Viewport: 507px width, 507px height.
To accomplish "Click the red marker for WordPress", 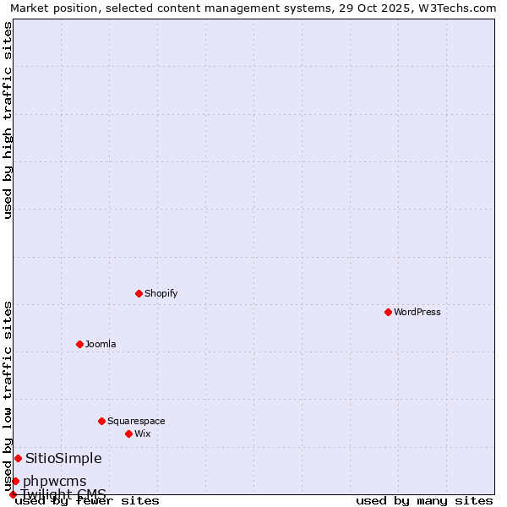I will [x=388, y=312].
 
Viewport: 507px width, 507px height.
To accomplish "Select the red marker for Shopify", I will [x=139, y=293].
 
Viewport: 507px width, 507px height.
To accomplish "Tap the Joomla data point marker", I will [x=79, y=344].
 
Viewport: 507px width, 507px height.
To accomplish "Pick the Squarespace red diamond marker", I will [x=101, y=421].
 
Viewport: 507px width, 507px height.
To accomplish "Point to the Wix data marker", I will [x=128, y=433].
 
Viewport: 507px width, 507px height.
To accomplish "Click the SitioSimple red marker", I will [x=18, y=458].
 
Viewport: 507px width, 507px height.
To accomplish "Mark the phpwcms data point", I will [x=15, y=481].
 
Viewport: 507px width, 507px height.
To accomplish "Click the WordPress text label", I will [x=417, y=312].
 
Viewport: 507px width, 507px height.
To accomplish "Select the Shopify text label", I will [x=161, y=293].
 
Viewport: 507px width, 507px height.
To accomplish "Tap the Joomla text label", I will [x=101, y=344].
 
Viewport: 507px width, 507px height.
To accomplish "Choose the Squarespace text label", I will [x=136, y=421].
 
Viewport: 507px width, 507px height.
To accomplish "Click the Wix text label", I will [x=143, y=433].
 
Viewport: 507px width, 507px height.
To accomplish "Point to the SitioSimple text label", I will [x=63, y=458].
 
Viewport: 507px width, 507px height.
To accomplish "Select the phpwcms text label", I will [x=54, y=482].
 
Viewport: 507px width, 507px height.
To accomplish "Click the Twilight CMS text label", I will [x=63, y=493].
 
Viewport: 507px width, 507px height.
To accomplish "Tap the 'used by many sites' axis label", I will [x=424, y=500].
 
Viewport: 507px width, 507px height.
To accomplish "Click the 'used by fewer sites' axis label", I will [x=88, y=500].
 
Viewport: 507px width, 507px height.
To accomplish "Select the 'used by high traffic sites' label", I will [x=8, y=120].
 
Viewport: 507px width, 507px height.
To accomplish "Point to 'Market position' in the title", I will [x=50, y=8].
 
